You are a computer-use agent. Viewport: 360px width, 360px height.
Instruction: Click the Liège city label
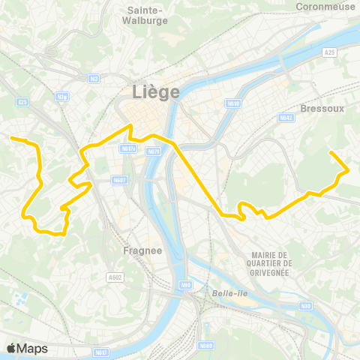(x=156, y=91)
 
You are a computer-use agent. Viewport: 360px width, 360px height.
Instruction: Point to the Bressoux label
(x=321, y=108)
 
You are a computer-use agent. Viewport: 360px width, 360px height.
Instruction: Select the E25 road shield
(x=22, y=102)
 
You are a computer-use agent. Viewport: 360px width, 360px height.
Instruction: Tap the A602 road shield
(x=114, y=277)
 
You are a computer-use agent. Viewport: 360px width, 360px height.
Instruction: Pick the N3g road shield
(x=63, y=96)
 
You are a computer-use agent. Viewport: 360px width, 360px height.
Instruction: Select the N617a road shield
(x=128, y=148)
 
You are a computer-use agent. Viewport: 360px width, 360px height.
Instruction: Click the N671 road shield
(x=153, y=151)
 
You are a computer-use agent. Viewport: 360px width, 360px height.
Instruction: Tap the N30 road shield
(x=306, y=305)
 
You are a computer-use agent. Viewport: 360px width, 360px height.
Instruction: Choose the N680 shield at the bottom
(x=206, y=346)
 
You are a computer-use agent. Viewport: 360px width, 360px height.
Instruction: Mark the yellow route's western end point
(x=11, y=138)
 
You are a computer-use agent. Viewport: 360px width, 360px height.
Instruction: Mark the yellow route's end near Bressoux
(x=331, y=153)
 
